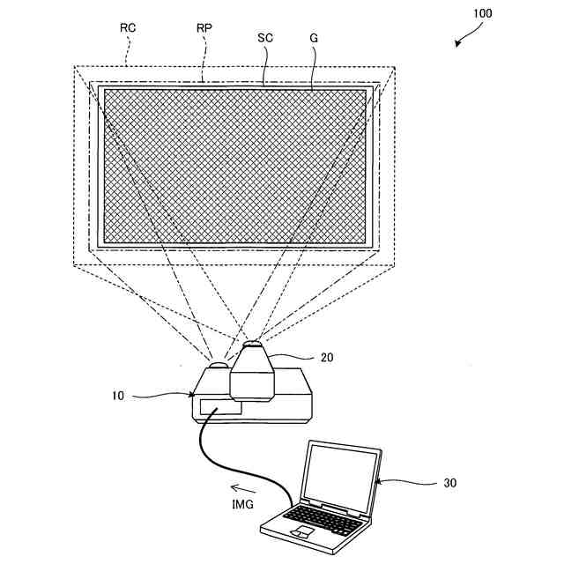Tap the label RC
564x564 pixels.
pyautogui.click(x=129, y=28)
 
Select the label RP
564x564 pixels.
pyautogui.click(x=204, y=28)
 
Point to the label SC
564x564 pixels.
pyautogui.click(x=265, y=39)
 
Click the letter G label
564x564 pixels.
pyautogui.click(x=314, y=39)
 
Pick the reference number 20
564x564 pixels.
pyautogui.click(x=327, y=357)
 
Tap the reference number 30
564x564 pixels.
pyautogui.click(x=449, y=483)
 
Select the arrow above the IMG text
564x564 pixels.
pyautogui.click(x=243, y=486)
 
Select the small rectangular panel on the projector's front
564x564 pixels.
pyautogui.click(x=220, y=407)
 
